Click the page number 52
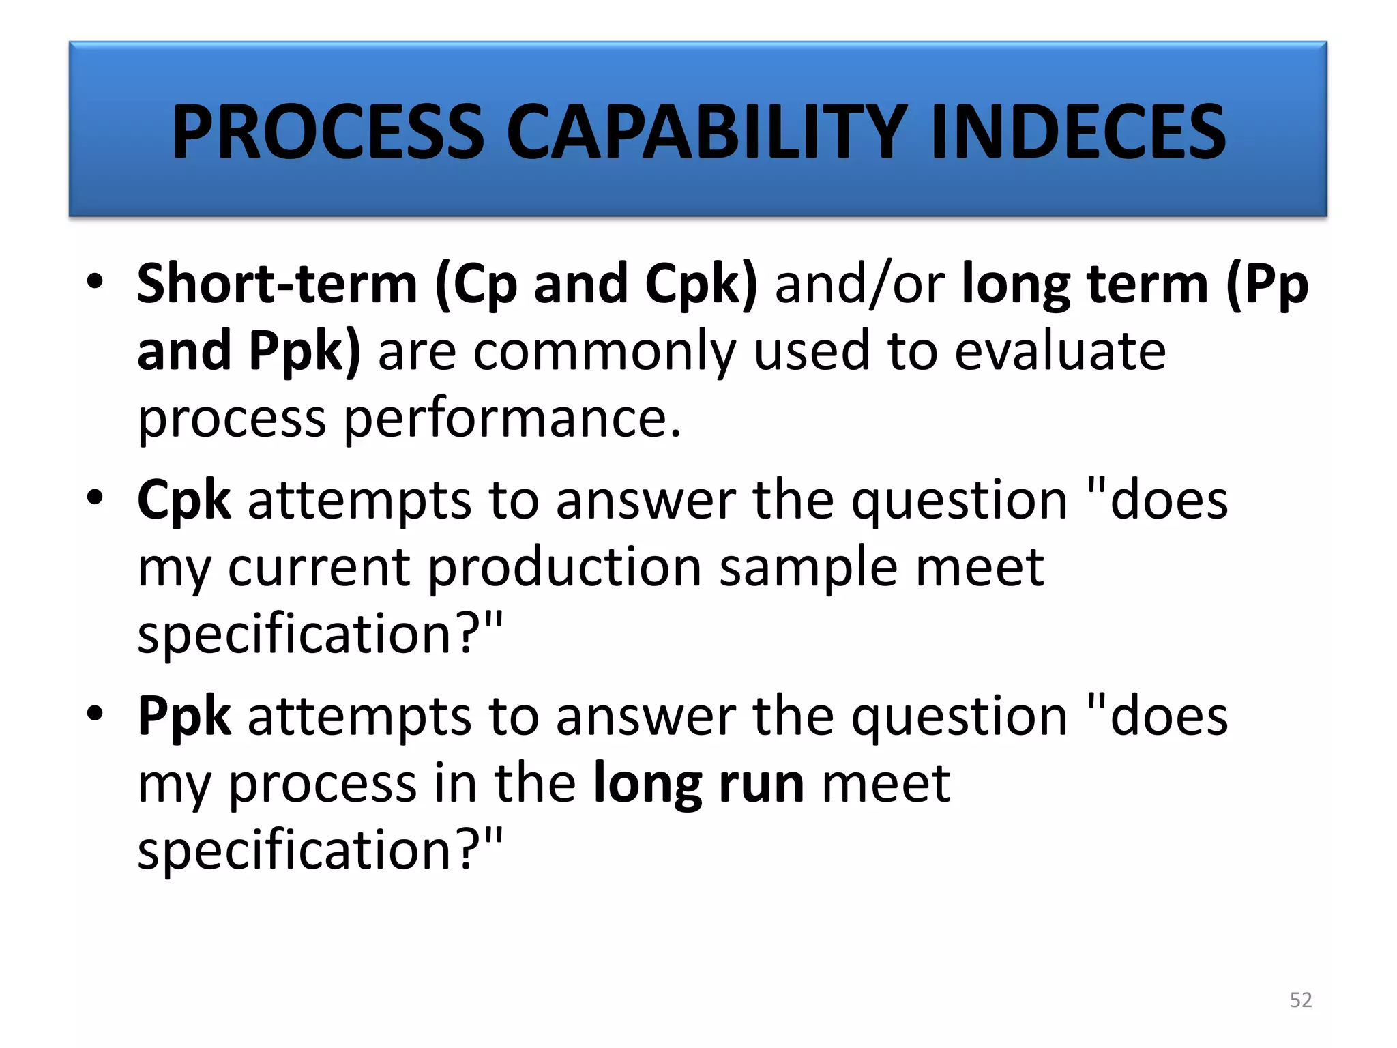coord(1301,1000)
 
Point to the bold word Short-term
coord(277,284)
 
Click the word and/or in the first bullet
coord(859,284)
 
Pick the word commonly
coord(604,351)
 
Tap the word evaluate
coord(1060,351)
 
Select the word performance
coord(512,418)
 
